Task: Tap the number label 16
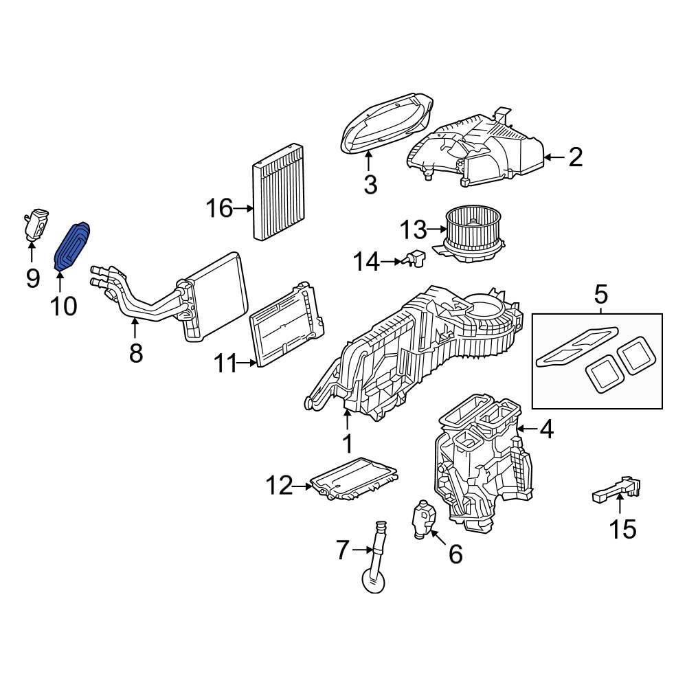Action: pos(221,207)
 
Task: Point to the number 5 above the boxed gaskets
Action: pos(600,296)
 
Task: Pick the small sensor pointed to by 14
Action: pos(414,259)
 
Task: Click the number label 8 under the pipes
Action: pos(135,353)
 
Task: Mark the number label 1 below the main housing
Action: pos(348,444)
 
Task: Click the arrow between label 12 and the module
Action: pos(303,487)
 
